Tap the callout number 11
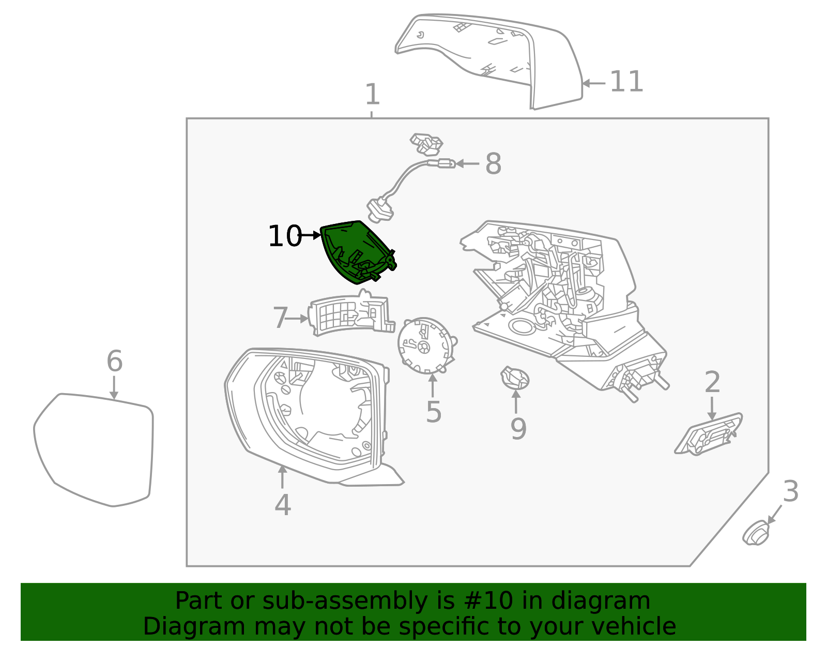pyautogui.click(x=626, y=82)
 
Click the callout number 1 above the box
pyautogui.click(x=372, y=95)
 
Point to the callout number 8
pyautogui.click(x=493, y=164)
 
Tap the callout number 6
pyautogui.click(x=114, y=361)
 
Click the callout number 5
pyautogui.click(x=433, y=412)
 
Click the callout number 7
pyautogui.click(x=280, y=318)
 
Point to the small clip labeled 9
pyautogui.click(x=515, y=379)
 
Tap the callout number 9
pyautogui.click(x=518, y=428)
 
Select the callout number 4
pyautogui.click(x=282, y=505)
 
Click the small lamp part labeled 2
pyautogui.click(x=708, y=434)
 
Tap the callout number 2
pyautogui.click(x=712, y=383)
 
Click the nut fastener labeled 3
pyautogui.click(x=756, y=533)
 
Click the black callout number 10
pyautogui.click(x=284, y=236)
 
